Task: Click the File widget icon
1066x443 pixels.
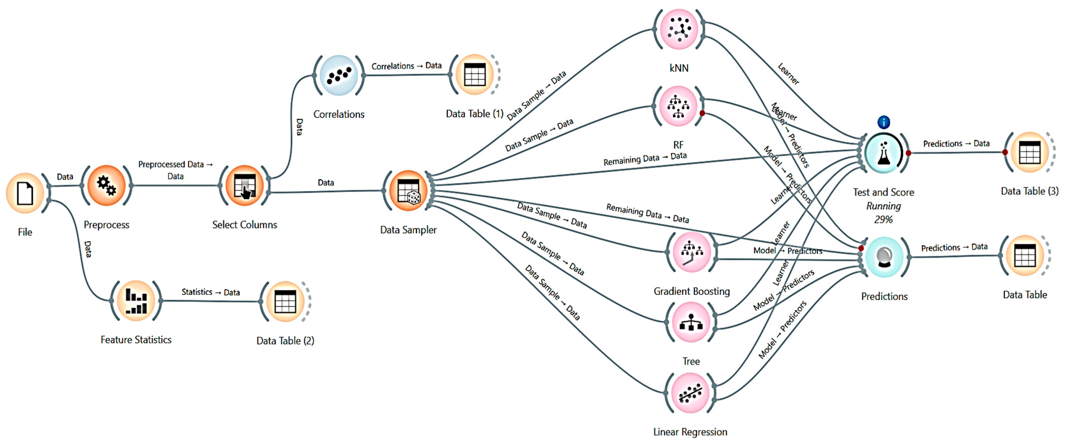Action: (25, 193)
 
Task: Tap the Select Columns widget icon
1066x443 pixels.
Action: (245, 186)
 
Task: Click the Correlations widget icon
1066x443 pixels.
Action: (338, 75)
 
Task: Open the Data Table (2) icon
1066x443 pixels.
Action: (285, 301)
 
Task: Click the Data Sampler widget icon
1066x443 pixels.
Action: (408, 191)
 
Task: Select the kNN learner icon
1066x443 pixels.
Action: (679, 29)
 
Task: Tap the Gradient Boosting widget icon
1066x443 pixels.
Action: (692, 252)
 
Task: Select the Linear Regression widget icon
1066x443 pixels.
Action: (690, 393)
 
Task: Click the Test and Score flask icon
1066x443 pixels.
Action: (883, 153)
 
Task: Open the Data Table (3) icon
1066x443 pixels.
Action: (1029, 152)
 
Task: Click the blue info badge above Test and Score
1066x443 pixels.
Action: (883, 122)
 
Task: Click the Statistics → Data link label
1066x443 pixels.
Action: (211, 292)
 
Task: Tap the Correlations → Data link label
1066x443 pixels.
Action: (406, 66)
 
